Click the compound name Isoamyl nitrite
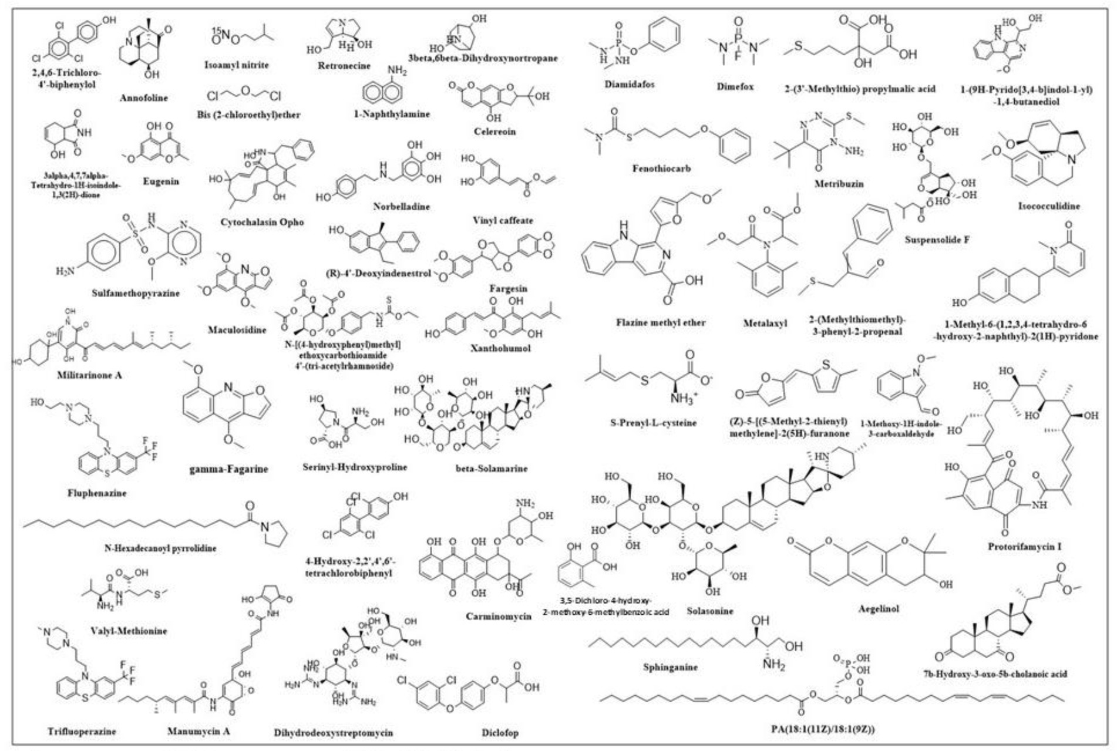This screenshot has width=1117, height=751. (x=236, y=65)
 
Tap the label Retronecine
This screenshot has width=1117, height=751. (x=344, y=66)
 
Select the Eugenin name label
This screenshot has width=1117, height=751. (x=161, y=181)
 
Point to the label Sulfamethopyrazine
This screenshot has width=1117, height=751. (x=136, y=293)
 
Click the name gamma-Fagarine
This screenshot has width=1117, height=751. (x=228, y=469)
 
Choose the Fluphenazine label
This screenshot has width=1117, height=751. (x=97, y=493)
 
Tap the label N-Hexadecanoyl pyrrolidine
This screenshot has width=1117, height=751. (x=160, y=548)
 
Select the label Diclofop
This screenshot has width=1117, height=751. (x=500, y=732)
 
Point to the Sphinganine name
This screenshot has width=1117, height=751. (x=670, y=667)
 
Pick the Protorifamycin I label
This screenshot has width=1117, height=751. (x=1024, y=547)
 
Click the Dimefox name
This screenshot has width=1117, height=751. (x=735, y=86)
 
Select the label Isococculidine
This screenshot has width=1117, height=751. (x=1049, y=206)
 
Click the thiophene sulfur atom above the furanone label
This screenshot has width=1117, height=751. (x=826, y=365)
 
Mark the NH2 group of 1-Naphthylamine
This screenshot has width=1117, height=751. (x=397, y=72)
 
